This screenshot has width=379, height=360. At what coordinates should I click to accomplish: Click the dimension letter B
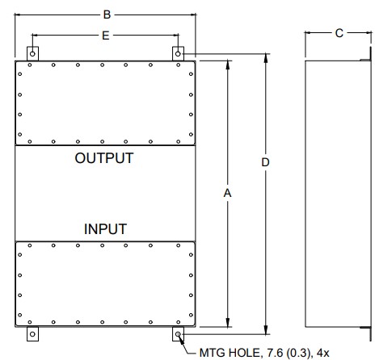coord(107,15)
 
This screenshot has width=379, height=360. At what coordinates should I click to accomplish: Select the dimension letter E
coord(106,36)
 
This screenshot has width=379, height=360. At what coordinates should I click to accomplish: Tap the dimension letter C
coord(339,33)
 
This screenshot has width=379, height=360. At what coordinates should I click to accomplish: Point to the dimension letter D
coord(265,162)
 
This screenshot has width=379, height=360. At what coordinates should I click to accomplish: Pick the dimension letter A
coord(227,193)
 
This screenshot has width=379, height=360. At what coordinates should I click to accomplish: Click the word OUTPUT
coord(104,158)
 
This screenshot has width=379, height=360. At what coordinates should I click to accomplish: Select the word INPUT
coord(105,229)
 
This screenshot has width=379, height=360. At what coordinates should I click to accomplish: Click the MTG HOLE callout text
coord(264,353)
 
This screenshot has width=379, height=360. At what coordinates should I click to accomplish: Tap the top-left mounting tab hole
coord(32,54)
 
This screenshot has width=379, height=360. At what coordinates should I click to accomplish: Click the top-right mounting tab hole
coord(178,54)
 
